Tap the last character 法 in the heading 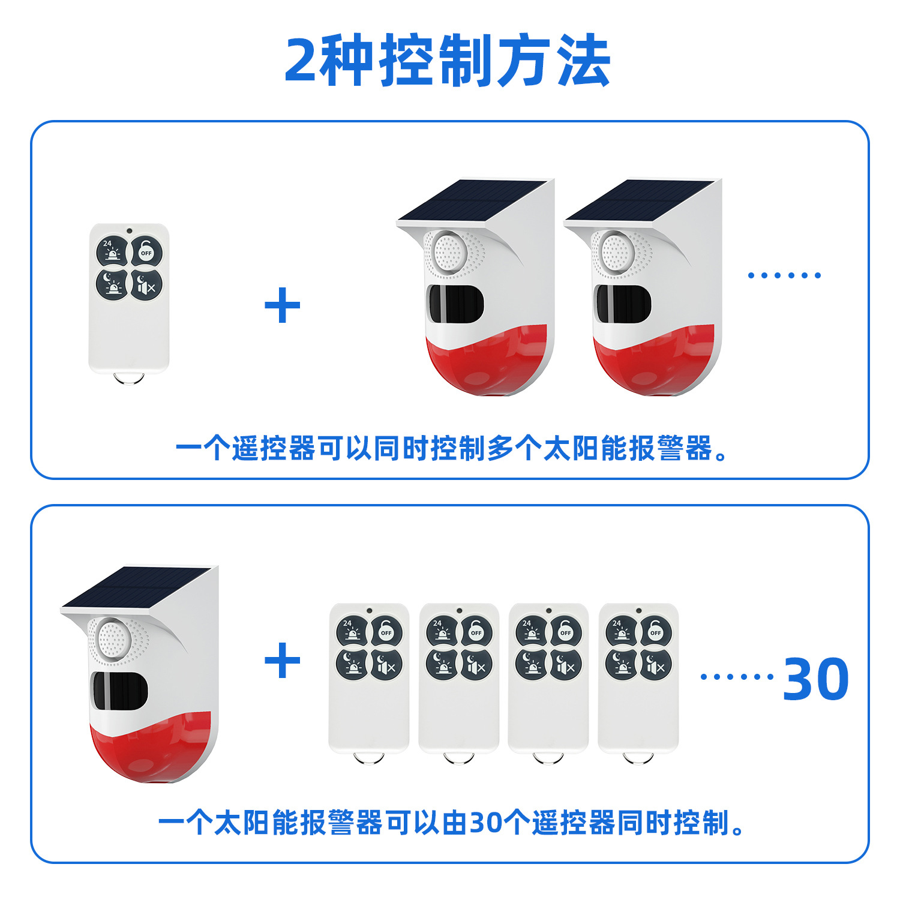click(583, 61)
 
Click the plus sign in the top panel click(282, 305)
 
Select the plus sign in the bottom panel click(282, 660)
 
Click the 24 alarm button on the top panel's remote click(112, 251)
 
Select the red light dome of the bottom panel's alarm click(150, 750)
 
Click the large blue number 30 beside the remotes click(815, 679)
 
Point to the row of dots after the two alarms click(784, 275)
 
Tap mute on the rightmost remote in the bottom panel click(655, 665)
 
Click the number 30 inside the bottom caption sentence click(486, 823)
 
